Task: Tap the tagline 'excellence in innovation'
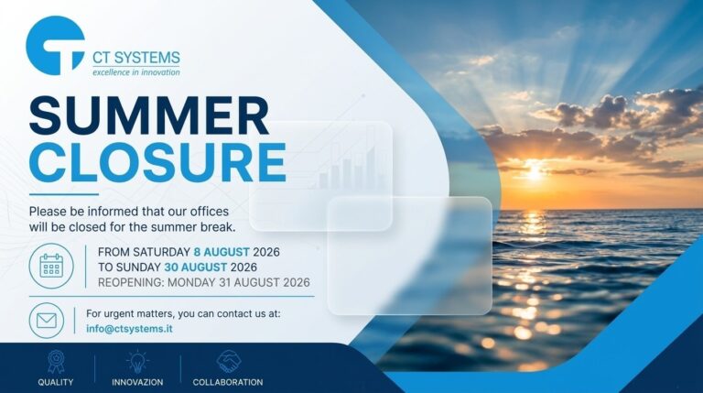(136, 72)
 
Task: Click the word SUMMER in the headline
(149, 115)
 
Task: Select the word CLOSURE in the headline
(157, 162)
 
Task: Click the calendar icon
(51, 266)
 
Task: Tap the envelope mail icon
(47, 321)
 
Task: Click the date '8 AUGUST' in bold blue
(222, 252)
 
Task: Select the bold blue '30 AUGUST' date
(196, 267)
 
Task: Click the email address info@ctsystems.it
(129, 328)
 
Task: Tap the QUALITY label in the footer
(56, 382)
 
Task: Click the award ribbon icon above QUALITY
(56, 362)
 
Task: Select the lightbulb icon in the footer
(137, 362)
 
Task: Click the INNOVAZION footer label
(137, 382)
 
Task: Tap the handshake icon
(228, 361)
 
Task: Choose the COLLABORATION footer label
(228, 382)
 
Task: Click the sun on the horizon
(534, 172)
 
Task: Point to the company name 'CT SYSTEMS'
(136, 58)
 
